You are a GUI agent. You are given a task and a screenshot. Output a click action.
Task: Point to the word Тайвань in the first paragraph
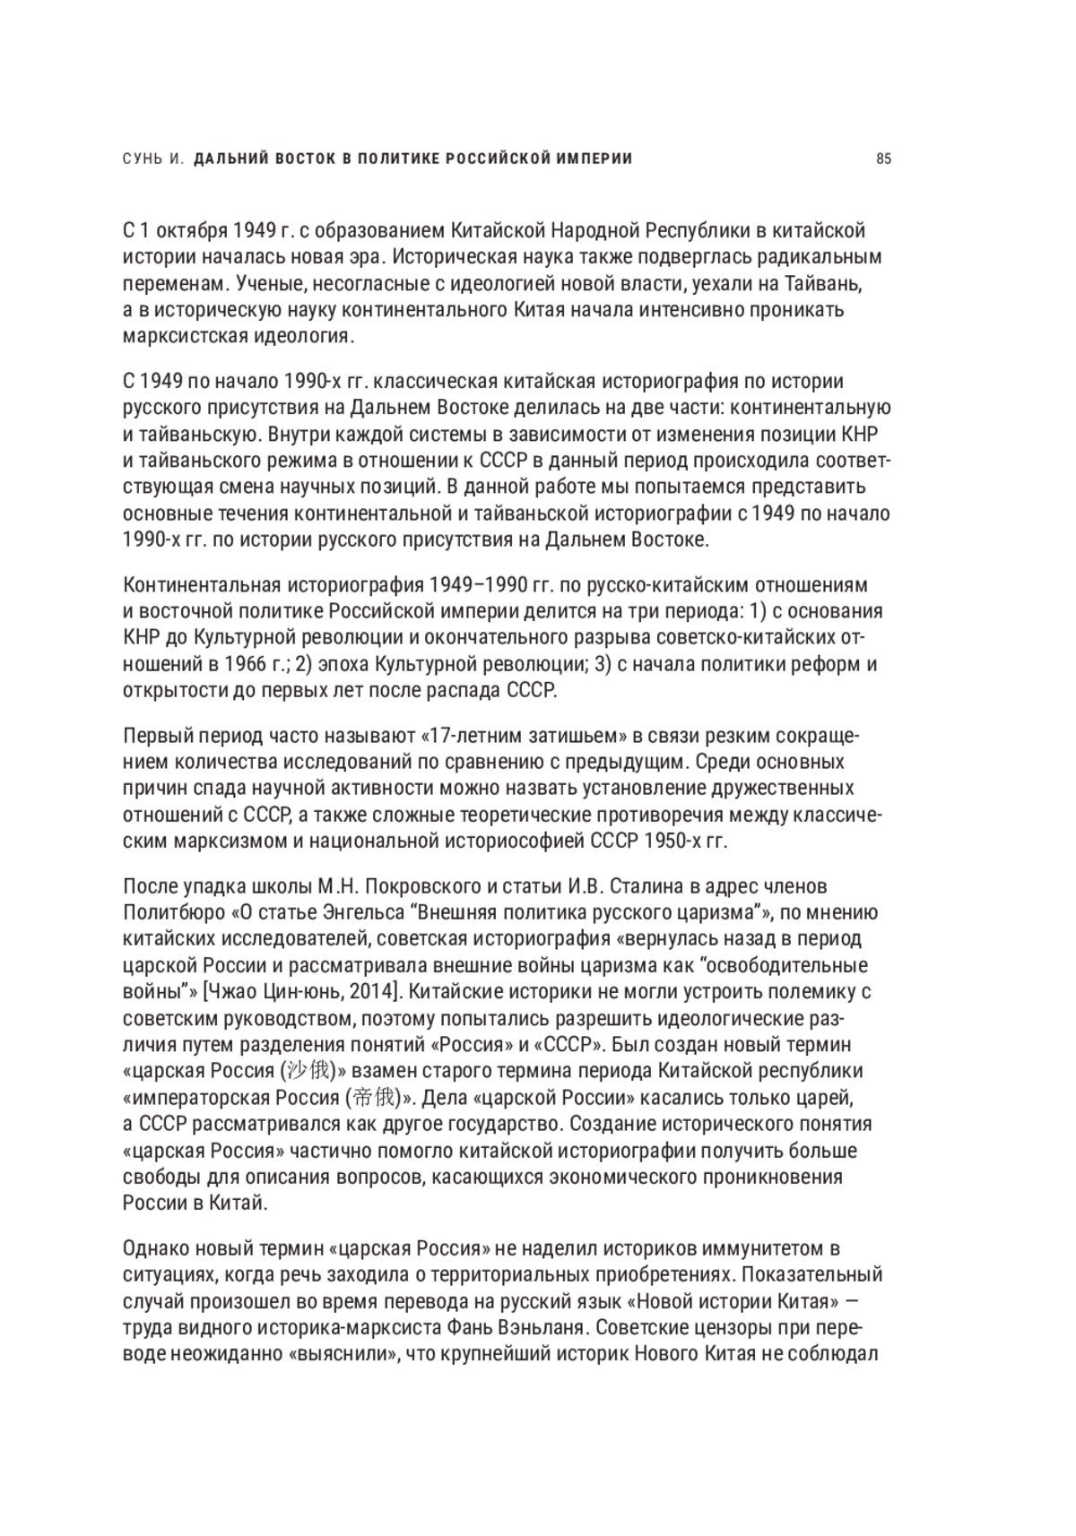829,283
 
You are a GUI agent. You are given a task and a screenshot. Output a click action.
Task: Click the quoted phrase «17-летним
471,737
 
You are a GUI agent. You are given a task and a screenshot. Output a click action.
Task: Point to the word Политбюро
173,913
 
